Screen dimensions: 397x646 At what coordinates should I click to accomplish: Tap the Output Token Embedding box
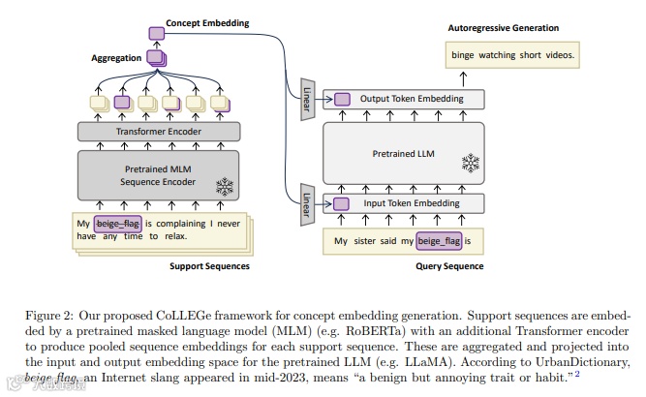(x=411, y=99)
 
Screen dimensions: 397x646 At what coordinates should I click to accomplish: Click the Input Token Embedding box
(x=411, y=203)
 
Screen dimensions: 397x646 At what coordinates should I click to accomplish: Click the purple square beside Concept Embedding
(x=156, y=33)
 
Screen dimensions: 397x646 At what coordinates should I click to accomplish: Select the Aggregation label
(x=116, y=58)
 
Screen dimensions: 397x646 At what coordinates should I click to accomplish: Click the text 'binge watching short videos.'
(x=512, y=55)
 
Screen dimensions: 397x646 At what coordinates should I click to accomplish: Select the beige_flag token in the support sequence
(x=118, y=224)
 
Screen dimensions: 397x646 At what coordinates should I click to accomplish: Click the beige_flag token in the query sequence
(x=439, y=240)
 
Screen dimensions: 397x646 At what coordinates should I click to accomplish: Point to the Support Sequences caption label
(x=209, y=266)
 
